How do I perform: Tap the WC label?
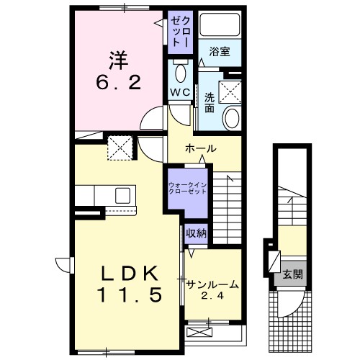(179, 92)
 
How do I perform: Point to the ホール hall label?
(201, 148)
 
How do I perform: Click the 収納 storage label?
(197, 233)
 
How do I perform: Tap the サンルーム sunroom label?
(212, 284)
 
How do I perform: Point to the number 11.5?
(127, 294)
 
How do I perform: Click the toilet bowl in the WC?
(179, 72)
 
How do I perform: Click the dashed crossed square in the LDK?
(119, 149)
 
